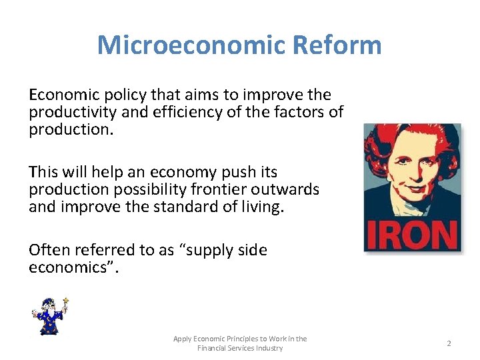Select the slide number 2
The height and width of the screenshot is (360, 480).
coord(449,343)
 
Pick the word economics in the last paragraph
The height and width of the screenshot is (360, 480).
coord(69,267)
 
